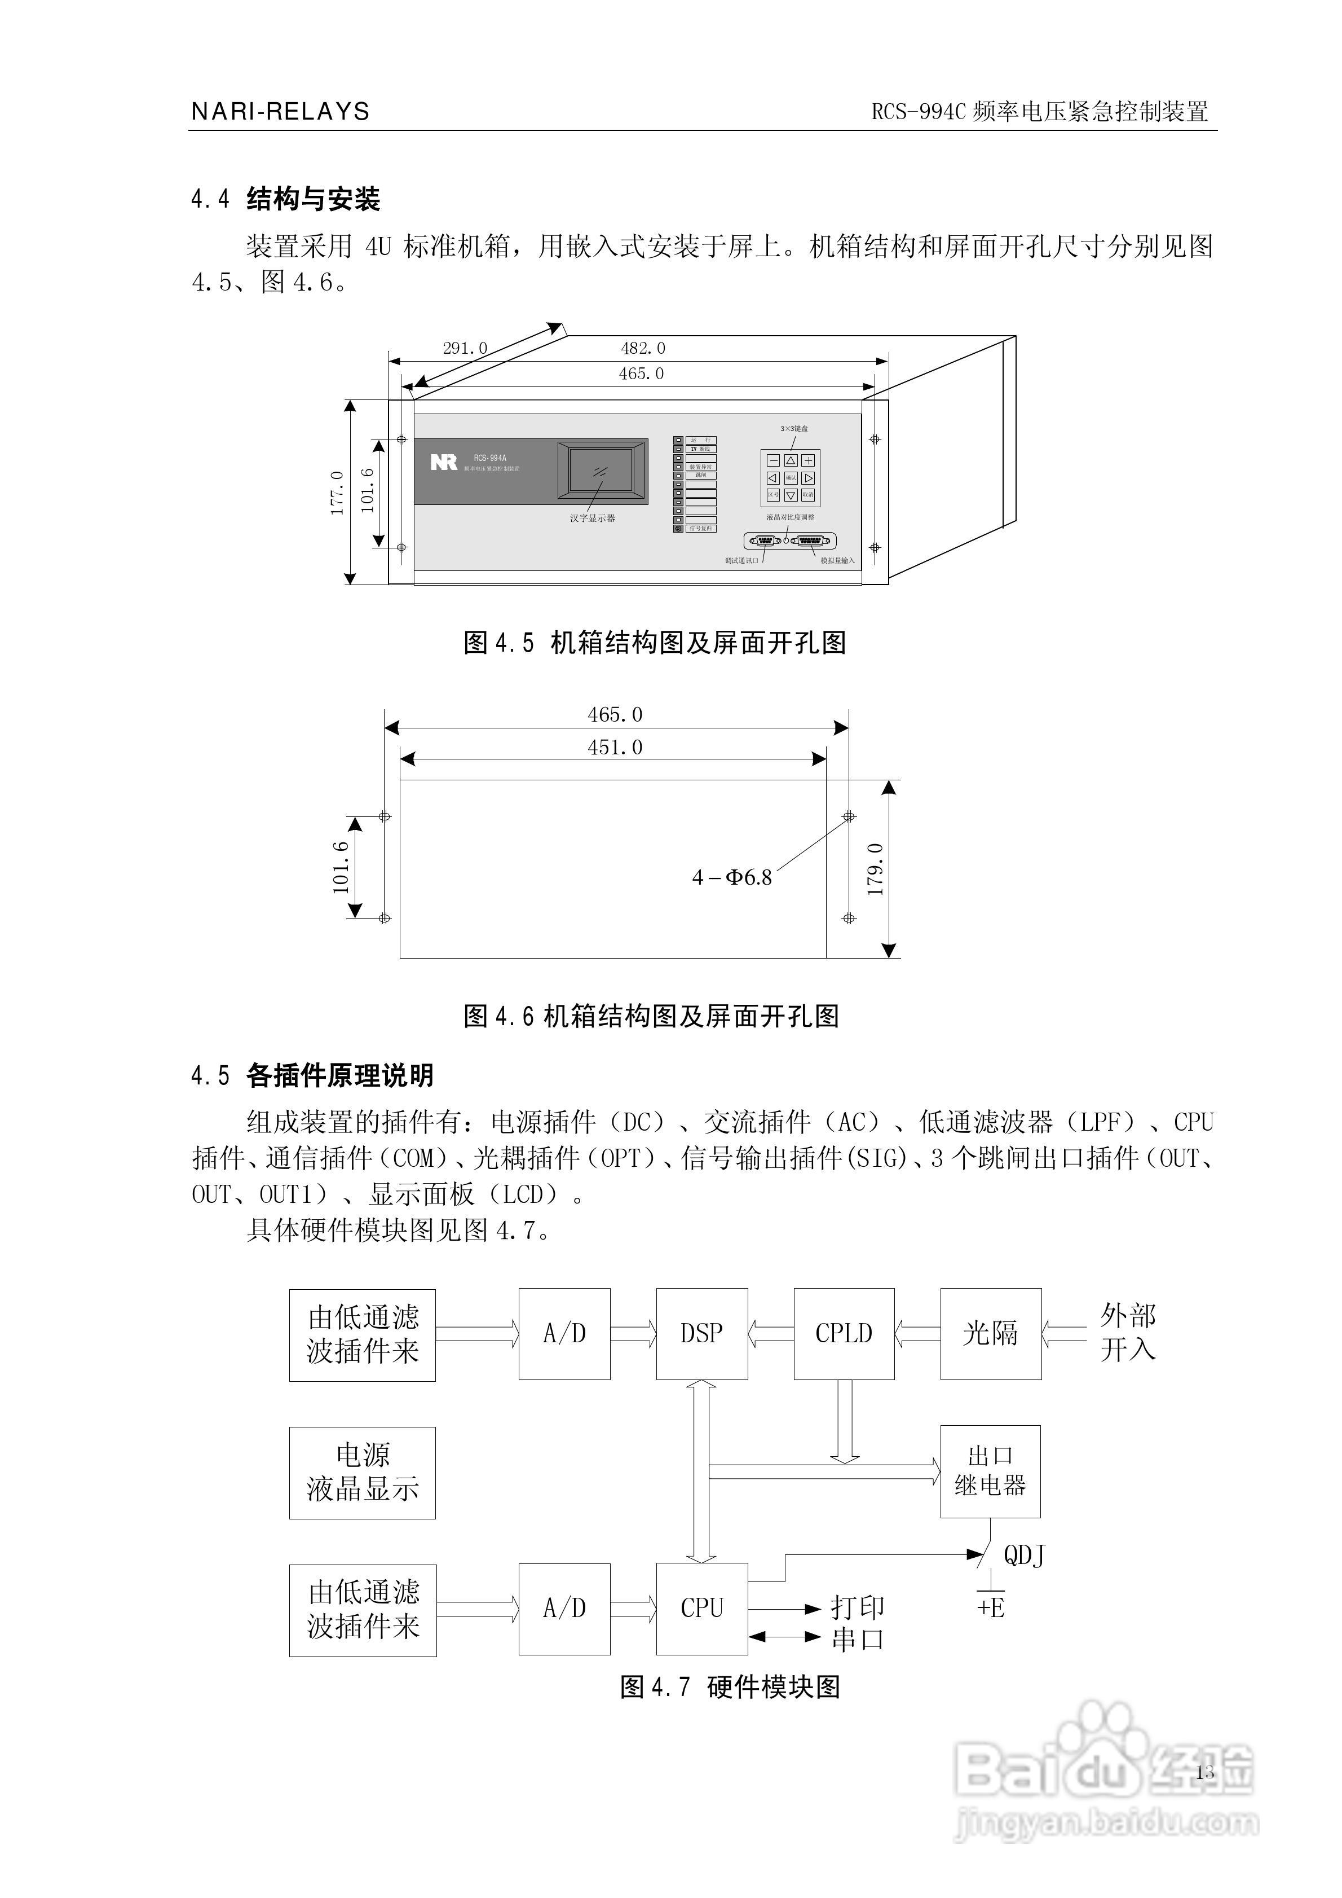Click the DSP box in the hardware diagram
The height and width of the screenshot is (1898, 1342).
(x=701, y=1333)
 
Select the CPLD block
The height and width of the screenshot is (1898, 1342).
(x=844, y=1333)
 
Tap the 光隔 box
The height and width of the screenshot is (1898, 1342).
(x=991, y=1333)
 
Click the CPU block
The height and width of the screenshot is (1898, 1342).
(x=701, y=1608)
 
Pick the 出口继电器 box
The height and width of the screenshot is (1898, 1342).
(x=990, y=1471)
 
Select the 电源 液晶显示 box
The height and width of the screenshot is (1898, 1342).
(x=362, y=1472)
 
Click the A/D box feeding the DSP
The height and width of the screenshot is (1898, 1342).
(x=564, y=1333)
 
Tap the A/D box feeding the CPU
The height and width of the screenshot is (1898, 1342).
(x=564, y=1608)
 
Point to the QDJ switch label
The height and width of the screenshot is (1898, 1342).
(x=1024, y=1556)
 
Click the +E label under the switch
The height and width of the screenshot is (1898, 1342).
(x=990, y=1608)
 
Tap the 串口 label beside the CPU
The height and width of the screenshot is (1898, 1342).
(x=858, y=1639)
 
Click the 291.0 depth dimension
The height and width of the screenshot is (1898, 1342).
(x=465, y=348)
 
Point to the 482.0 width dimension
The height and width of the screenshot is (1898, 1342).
(x=643, y=348)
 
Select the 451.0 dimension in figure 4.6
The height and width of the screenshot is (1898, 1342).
(x=615, y=748)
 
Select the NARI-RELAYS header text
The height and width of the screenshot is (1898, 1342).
(x=281, y=112)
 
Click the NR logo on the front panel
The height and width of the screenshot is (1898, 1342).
(x=444, y=462)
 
